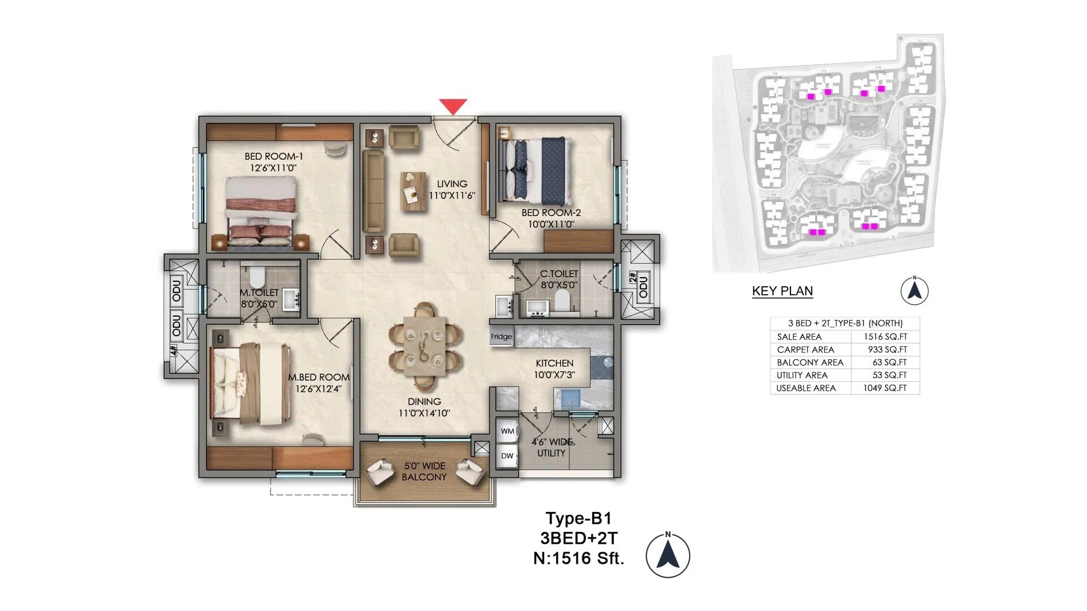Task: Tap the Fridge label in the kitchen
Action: (501, 337)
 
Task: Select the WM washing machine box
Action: (507, 431)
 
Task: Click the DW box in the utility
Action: (507, 456)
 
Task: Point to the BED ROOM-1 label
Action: (274, 156)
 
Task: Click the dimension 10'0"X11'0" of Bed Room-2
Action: (551, 225)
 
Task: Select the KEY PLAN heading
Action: (782, 291)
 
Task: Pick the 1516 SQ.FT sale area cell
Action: (885, 337)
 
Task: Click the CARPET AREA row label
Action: (805, 350)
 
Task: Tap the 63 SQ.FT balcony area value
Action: (889, 363)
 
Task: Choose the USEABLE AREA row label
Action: (806, 388)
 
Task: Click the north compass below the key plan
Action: (914, 291)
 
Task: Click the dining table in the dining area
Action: (425, 346)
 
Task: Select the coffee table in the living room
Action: (413, 191)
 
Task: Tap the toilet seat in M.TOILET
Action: (257, 277)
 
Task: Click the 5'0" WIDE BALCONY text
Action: (425, 471)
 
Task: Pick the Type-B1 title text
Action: (578, 518)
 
